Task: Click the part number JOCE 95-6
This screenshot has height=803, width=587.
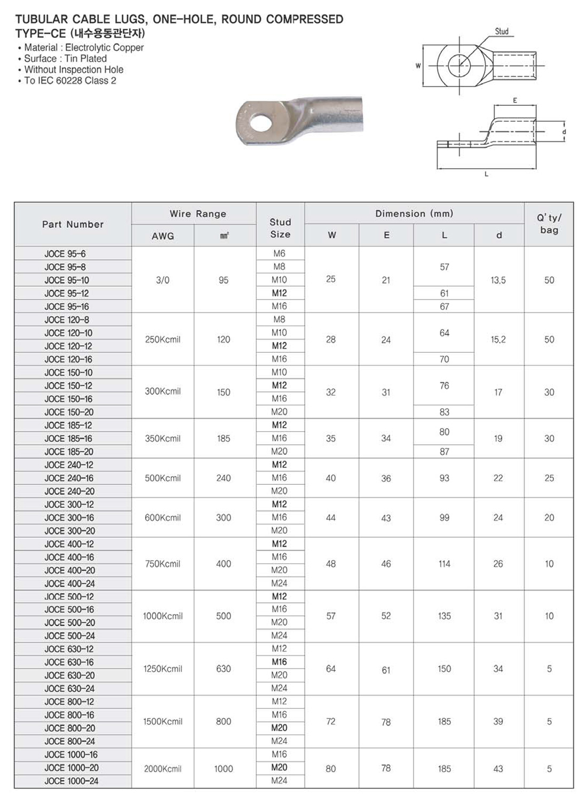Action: click(x=65, y=254)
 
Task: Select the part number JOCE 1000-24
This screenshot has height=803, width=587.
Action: click(x=72, y=781)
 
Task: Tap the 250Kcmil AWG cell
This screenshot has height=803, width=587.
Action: click(x=163, y=340)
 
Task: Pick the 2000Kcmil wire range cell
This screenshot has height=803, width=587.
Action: click(x=163, y=769)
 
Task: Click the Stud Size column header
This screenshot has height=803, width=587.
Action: click(x=280, y=228)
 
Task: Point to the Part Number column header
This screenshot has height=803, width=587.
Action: click(x=73, y=224)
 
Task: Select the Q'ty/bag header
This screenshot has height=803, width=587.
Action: click(x=549, y=224)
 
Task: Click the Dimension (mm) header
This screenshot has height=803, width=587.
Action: click(x=414, y=214)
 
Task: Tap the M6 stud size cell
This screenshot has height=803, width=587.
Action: click(x=279, y=254)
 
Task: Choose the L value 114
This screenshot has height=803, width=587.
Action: click(x=444, y=564)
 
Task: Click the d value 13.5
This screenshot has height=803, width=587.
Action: click(x=498, y=280)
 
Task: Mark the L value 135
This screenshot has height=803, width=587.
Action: click(x=444, y=616)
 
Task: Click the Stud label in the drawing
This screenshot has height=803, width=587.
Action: click(x=502, y=32)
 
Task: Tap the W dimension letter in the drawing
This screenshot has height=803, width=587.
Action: click(x=418, y=66)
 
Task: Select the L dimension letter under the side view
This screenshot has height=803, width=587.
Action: click(x=486, y=174)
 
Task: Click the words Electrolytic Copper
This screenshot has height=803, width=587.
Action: click(x=105, y=48)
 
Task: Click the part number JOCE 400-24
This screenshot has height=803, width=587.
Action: click(x=69, y=584)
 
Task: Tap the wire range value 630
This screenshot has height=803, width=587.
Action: click(x=224, y=669)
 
